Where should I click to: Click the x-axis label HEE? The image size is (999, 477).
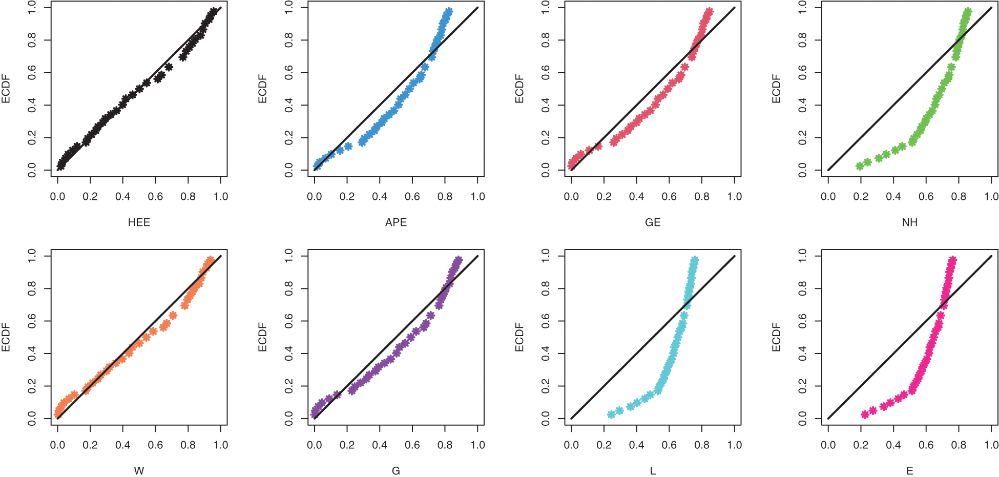tap(139, 222)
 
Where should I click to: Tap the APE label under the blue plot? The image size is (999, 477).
tap(396, 222)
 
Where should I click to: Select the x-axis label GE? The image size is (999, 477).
tap(653, 222)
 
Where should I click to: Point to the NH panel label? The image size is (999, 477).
tap(909, 222)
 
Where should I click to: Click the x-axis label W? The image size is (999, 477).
tap(139, 471)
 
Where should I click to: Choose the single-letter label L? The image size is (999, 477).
tap(653, 471)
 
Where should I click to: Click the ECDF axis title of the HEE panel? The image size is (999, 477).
tap(6, 89)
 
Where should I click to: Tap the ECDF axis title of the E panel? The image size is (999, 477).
tap(776, 337)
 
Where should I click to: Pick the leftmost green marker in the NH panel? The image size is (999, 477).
tap(860, 166)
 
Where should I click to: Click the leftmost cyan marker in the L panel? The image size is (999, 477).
tap(611, 414)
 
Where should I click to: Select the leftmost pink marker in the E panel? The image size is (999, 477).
tap(865, 414)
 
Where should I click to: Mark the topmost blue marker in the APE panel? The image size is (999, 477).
tap(448, 12)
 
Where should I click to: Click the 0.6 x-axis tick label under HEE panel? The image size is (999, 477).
tap(155, 197)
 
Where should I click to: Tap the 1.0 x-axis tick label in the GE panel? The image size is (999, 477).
tap(734, 197)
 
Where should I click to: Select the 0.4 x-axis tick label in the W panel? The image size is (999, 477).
tap(122, 445)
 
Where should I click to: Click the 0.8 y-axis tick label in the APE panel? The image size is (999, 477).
tap(289, 40)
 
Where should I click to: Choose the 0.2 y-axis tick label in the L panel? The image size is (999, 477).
tap(546, 386)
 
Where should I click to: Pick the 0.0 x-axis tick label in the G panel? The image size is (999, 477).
tap(315, 445)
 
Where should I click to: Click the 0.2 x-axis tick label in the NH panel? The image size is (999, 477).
tap(861, 197)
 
